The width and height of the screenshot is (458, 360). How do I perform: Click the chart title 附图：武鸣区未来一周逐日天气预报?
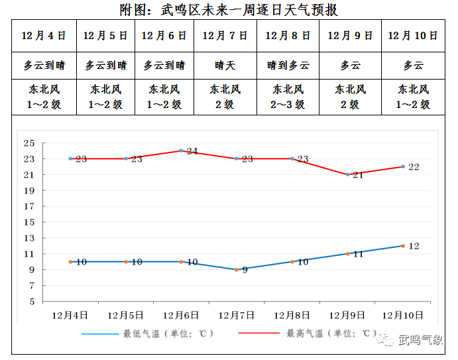pos(229,9)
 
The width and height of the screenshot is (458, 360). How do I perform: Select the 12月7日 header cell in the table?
pos(225,36)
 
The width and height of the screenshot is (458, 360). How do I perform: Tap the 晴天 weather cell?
pos(225,66)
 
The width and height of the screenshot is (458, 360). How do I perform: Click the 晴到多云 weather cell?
pos(288,66)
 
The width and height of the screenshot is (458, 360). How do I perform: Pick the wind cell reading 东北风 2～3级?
pos(288,97)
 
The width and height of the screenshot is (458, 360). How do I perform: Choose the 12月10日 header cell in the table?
pos(413,36)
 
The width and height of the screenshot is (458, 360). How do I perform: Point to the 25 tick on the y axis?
pos(29,143)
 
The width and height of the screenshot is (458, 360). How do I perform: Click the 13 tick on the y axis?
pos(29,238)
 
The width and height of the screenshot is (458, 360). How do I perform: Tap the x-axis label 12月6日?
pos(181,314)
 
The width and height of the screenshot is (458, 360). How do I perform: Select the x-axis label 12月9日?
pos(347,314)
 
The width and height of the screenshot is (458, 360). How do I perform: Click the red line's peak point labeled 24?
pos(181,150)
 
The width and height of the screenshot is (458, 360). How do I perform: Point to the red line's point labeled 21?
pos(347,174)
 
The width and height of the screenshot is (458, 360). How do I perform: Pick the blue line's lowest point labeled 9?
pos(236,269)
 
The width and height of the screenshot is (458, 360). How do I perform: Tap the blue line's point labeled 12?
pos(402,246)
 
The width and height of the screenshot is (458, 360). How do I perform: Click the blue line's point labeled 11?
pos(347,254)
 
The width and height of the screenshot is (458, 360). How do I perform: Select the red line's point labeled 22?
pos(402,166)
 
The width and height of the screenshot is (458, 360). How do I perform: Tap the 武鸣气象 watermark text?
pos(420,341)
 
